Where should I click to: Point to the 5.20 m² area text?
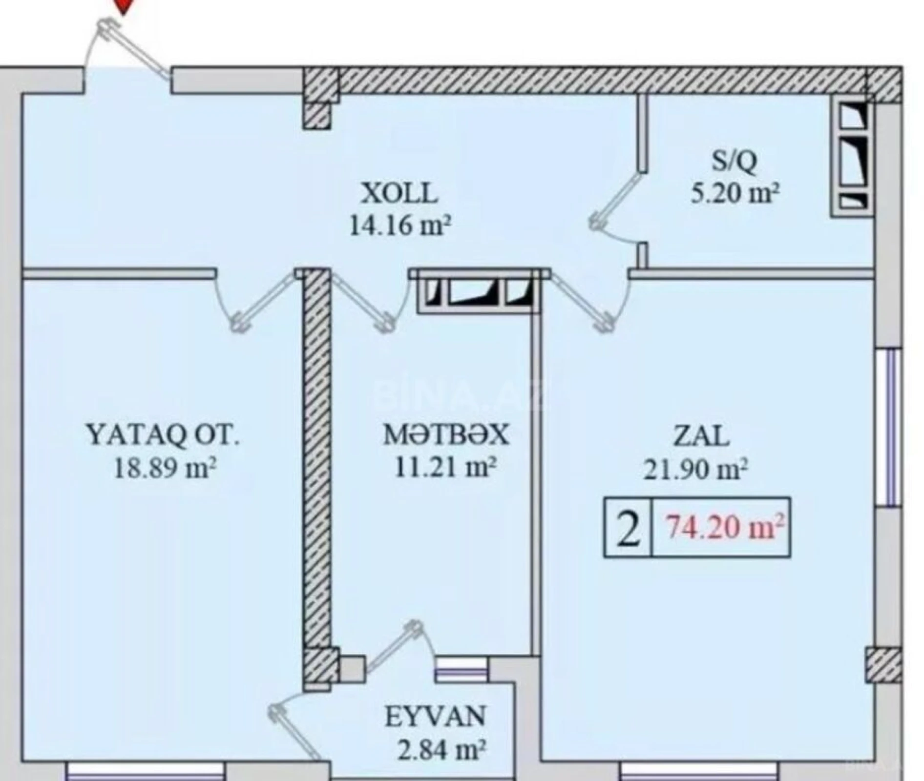coord(734,193)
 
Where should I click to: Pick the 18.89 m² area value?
coord(165,469)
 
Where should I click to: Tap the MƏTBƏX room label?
coord(445,435)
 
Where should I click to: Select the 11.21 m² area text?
coord(445,468)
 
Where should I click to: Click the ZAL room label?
coord(701,436)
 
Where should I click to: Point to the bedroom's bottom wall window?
coord(146,772)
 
